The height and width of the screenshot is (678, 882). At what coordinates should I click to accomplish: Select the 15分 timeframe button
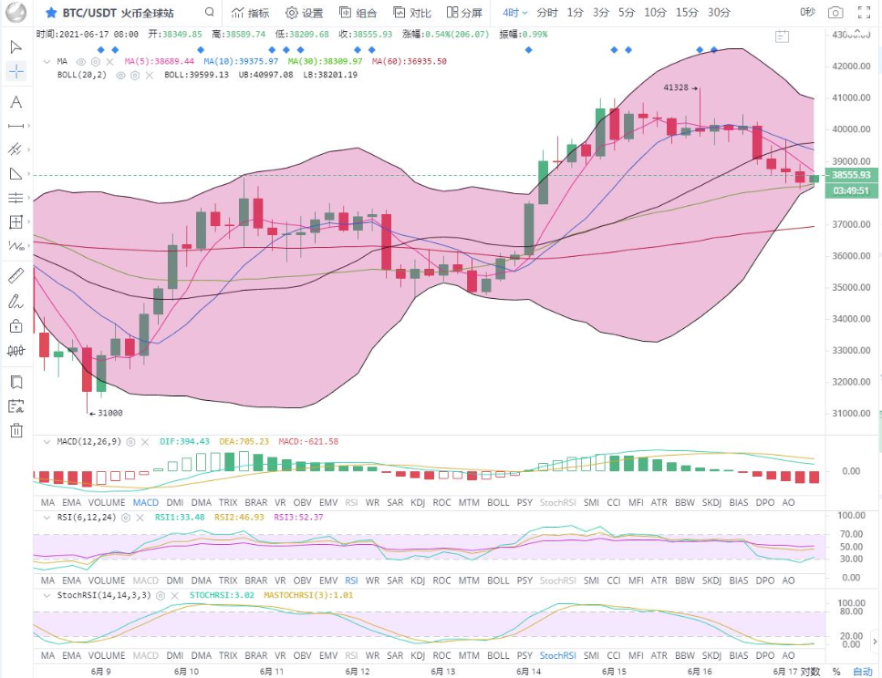[x=687, y=13]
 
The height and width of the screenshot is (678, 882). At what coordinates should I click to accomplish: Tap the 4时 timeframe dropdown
[x=515, y=13]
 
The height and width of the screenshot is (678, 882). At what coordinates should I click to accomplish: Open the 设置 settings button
[x=305, y=13]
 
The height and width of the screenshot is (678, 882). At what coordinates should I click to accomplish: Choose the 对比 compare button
[x=413, y=13]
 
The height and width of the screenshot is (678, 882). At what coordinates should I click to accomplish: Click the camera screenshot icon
[x=835, y=13]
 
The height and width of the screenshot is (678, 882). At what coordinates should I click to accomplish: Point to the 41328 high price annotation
[x=676, y=87]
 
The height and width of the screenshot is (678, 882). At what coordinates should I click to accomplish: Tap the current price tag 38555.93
[x=850, y=174]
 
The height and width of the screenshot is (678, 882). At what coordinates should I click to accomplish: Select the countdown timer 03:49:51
[x=850, y=190]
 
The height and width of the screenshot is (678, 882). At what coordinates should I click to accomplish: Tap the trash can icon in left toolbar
[x=16, y=431]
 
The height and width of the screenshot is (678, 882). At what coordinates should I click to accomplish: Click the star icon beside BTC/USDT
[x=51, y=13]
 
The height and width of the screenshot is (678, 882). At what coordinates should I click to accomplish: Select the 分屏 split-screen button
[x=465, y=13]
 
